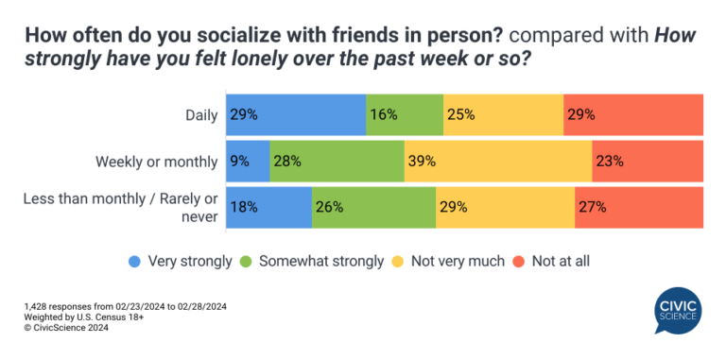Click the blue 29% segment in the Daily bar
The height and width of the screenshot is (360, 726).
pos(296,114)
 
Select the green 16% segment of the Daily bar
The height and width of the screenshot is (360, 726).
pos(405,114)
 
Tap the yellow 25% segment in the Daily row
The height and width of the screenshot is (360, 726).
pos(503,114)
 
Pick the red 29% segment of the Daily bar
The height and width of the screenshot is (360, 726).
pos(633,114)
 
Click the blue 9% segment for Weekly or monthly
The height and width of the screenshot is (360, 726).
pos(248,161)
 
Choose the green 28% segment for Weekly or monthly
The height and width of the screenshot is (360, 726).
pos(337,161)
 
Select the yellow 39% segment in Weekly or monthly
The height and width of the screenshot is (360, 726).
pos(498,161)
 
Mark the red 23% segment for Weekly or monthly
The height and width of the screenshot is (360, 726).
pos(648,161)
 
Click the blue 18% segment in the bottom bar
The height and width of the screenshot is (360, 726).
pos(269,207)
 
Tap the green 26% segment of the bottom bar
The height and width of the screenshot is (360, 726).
pos(373,207)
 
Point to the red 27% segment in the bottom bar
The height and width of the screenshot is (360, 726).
pos(639,207)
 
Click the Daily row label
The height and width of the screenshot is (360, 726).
pos(201,115)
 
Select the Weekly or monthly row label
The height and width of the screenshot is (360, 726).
pos(157,162)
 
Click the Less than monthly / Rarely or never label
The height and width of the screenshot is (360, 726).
pos(140,208)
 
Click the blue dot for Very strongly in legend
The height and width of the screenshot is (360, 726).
pos(136,260)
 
